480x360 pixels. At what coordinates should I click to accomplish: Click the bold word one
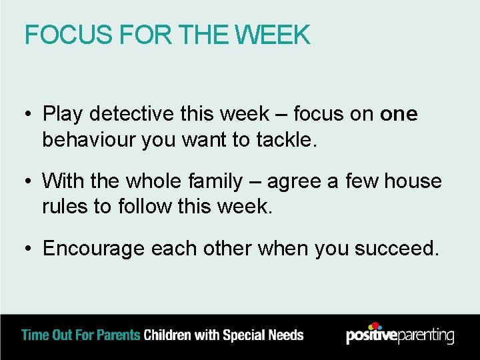(x=399, y=115)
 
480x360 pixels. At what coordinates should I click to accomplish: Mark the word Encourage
(x=93, y=249)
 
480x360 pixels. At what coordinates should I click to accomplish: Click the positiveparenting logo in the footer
(x=400, y=335)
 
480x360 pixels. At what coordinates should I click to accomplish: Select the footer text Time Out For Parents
(x=81, y=335)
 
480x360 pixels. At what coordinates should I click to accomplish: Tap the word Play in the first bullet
(x=63, y=115)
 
